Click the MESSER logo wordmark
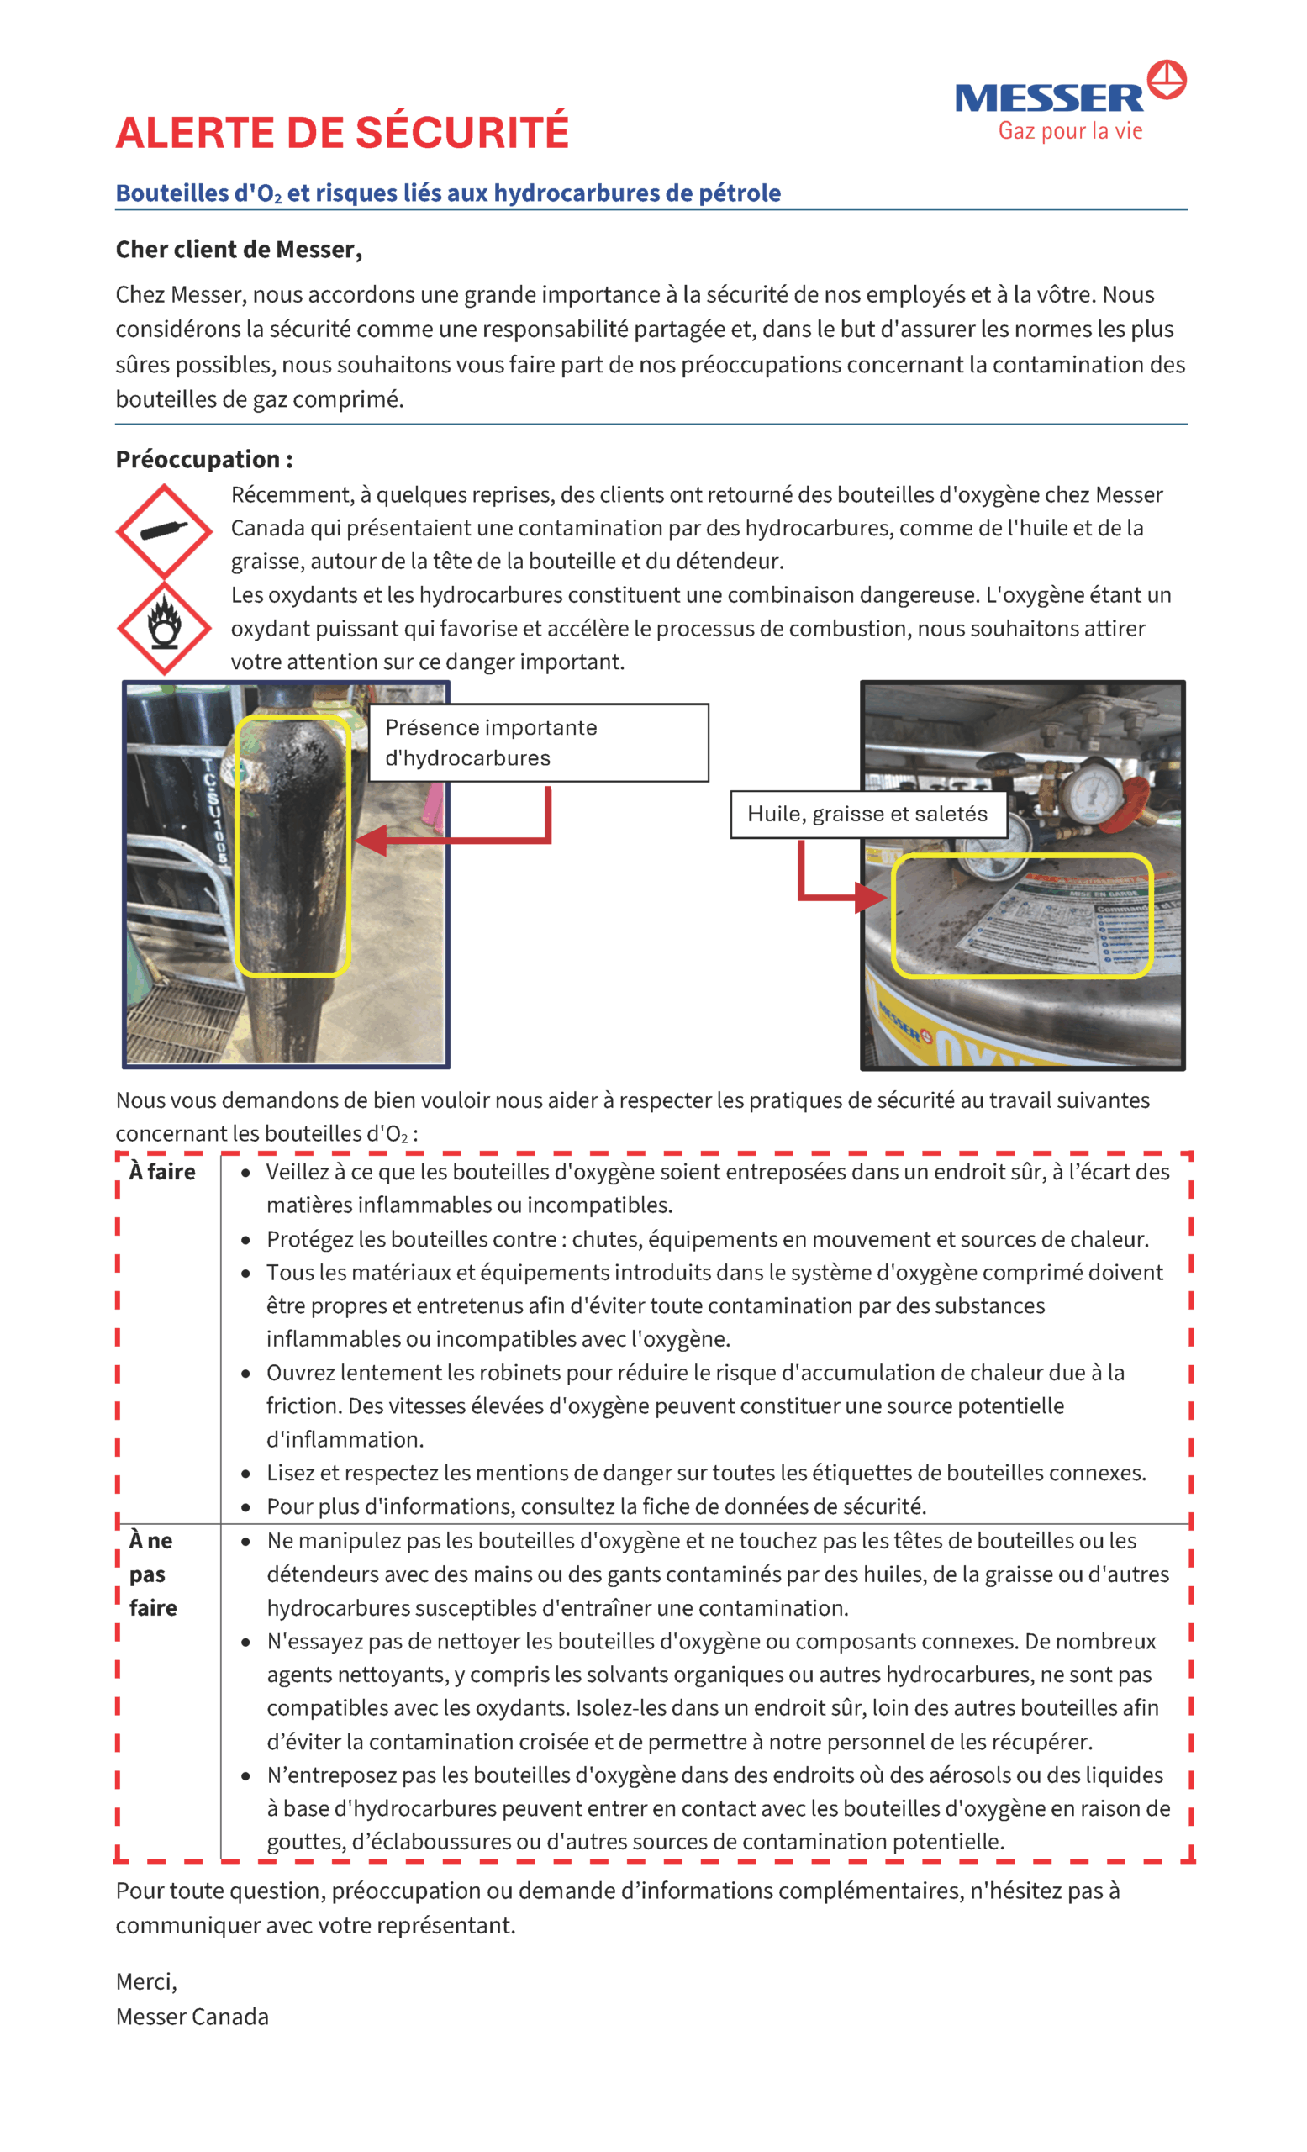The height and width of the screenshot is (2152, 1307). pyautogui.click(x=1049, y=98)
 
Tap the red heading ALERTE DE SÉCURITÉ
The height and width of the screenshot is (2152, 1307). pyautogui.click(x=342, y=133)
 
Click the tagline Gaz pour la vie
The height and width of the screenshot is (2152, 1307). pyautogui.click(x=1071, y=132)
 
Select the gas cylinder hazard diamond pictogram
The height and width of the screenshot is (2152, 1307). pyautogui.click(x=163, y=531)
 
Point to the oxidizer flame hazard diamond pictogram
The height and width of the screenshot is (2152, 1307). pyautogui.click(x=163, y=628)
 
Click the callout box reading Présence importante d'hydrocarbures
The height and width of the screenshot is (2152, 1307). pyautogui.click(x=539, y=742)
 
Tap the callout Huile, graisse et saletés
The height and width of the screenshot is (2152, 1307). pyautogui.click(x=868, y=814)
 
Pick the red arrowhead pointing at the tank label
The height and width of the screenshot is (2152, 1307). pyautogui.click(x=870, y=896)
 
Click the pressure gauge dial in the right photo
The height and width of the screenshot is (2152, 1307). pyautogui.click(x=1092, y=792)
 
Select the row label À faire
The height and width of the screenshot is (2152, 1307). pyautogui.click(x=162, y=1172)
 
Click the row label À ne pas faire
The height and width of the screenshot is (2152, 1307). pyautogui.click(x=153, y=1574)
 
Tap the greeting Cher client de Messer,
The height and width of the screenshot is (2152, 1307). pyautogui.click(x=239, y=250)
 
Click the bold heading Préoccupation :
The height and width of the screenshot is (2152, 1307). pyautogui.click(x=204, y=459)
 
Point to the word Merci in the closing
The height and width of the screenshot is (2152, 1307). pyautogui.click(x=145, y=1981)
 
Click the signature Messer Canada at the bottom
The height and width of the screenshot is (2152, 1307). pyautogui.click(x=192, y=2016)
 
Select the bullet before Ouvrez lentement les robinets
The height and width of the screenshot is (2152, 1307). pyautogui.click(x=246, y=1374)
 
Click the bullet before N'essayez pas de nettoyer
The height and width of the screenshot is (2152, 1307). pyautogui.click(x=246, y=1642)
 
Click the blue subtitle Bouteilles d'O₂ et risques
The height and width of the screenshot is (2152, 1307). pyautogui.click(x=448, y=193)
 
